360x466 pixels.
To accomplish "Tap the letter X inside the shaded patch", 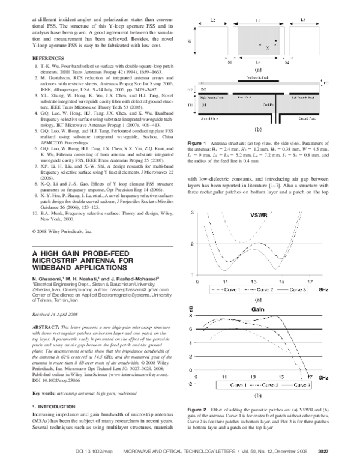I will coord(268,46).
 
